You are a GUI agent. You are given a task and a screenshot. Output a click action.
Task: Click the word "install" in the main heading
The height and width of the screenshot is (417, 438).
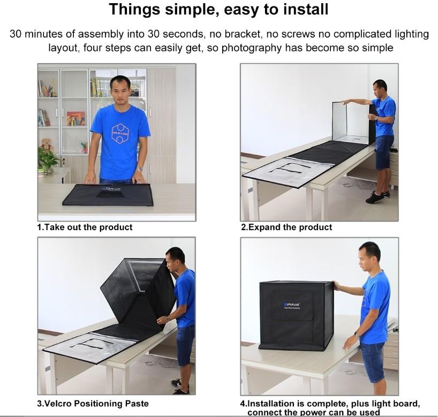click(x=306, y=9)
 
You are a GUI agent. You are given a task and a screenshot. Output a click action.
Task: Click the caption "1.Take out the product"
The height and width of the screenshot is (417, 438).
click(x=85, y=227)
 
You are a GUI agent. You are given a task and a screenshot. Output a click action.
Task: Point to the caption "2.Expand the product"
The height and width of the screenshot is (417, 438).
click(x=286, y=227)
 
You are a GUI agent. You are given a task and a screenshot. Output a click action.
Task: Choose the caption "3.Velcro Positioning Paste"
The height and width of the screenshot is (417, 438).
click(x=93, y=403)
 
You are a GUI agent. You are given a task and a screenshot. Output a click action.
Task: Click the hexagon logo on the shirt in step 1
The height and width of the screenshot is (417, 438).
click(x=120, y=133)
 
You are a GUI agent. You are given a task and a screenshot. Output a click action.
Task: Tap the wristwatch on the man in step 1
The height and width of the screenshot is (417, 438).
click(x=140, y=169)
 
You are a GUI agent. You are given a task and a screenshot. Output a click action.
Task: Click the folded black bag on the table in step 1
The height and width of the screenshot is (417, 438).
click(x=108, y=195)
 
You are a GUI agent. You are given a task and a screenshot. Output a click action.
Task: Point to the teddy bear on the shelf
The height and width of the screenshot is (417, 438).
click(x=47, y=145)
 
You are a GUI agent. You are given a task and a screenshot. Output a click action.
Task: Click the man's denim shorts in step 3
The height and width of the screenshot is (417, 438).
click(x=185, y=345)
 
